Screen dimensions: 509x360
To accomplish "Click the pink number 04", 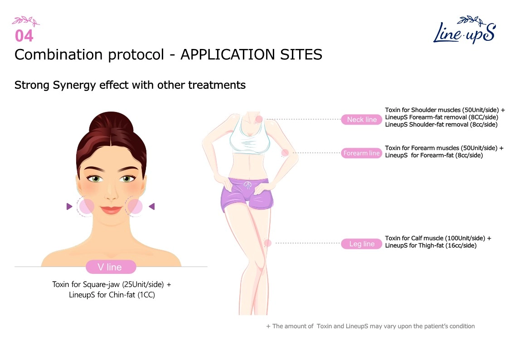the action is (x=24, y=36).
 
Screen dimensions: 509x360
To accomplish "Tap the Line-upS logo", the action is (x=464, y=30).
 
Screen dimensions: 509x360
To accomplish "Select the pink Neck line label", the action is (x=362, y=119).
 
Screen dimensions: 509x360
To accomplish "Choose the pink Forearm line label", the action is (x=361, y=153).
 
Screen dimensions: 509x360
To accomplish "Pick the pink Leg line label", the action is (x=362, y=244).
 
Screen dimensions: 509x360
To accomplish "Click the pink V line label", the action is (x=111, y=267).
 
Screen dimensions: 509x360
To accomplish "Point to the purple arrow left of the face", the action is (x=69, y=206).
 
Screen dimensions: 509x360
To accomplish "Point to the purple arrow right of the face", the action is (x=151, y=206).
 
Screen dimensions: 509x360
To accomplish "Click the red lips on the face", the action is (x=111, y=210).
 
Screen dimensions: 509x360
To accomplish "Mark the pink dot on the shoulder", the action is (x=259, y=119).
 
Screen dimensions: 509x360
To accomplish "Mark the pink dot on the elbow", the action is (x=285, y=153).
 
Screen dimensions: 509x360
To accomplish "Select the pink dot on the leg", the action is (x=267, y=243).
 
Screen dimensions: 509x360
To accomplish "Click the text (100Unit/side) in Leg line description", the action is (x=466, y=238).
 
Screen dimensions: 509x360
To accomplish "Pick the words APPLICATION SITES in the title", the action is (x=251, y=54).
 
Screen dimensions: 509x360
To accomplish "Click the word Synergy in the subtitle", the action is (x=74, y=85).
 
